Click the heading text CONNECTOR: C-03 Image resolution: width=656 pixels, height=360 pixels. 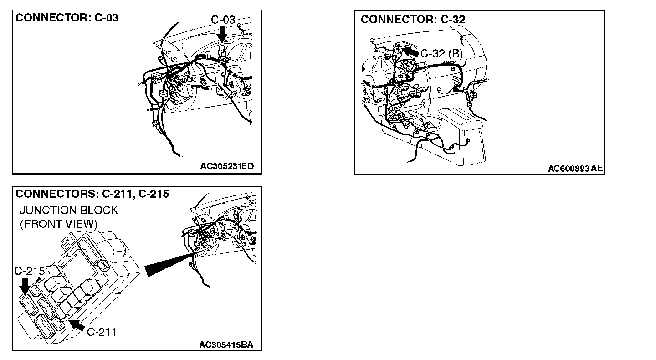[x=67, y=18]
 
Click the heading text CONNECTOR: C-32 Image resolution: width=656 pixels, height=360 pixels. [x=413, y=20]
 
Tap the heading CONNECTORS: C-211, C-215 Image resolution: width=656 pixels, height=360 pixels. [x=92, y=194]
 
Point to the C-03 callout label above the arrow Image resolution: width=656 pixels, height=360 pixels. [x=223, y=20]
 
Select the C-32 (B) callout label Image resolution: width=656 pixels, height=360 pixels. [x=441, y=54]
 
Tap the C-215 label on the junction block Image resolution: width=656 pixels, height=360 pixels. [x=29, y=271]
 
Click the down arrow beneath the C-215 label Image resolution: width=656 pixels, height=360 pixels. [x=24, y=286]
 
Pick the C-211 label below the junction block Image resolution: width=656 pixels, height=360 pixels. [x=102, y=332]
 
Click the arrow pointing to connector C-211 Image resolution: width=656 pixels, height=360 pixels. [x=76, y=325]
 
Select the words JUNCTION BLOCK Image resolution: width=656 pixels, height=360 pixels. [x=69, y=211]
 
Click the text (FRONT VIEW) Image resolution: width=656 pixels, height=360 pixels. [x=58, y=224]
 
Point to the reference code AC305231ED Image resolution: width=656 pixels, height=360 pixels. [x=226, y=166]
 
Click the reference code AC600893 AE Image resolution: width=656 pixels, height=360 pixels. [x=575, y=169]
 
